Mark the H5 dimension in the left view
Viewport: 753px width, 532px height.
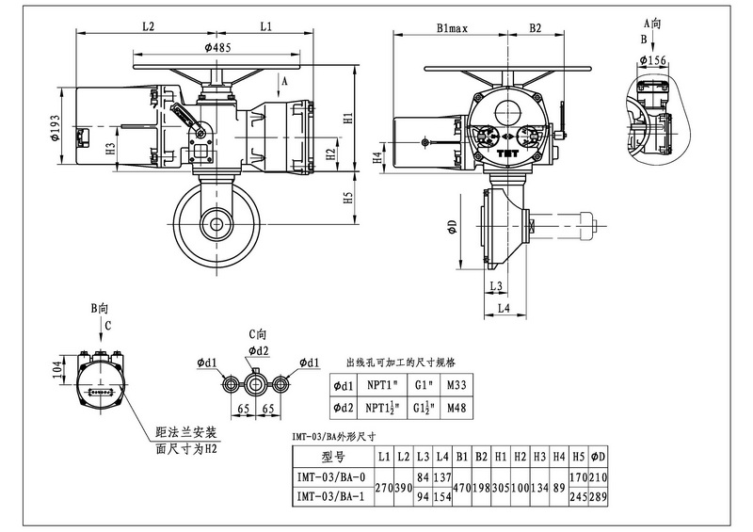pyautogui.click(x=347, y=198)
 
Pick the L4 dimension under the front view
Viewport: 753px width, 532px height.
pyautogui.click(x=503, y=307)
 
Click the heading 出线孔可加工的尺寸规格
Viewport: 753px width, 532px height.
pyautogui.click(x=401, y=362)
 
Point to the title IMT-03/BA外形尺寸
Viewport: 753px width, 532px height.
pyautogui.click(x=335, y=436)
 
